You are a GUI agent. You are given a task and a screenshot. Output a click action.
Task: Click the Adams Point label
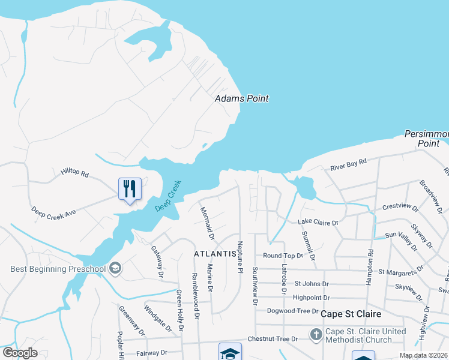coord(242,98)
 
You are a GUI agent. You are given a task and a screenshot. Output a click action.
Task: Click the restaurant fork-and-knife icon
coord(130,189)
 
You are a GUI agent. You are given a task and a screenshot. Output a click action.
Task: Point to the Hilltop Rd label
coord(74,173)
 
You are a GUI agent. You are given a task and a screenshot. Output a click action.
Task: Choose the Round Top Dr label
coord(283,256)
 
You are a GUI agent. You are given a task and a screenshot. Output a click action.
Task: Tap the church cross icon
coord(316,334)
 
